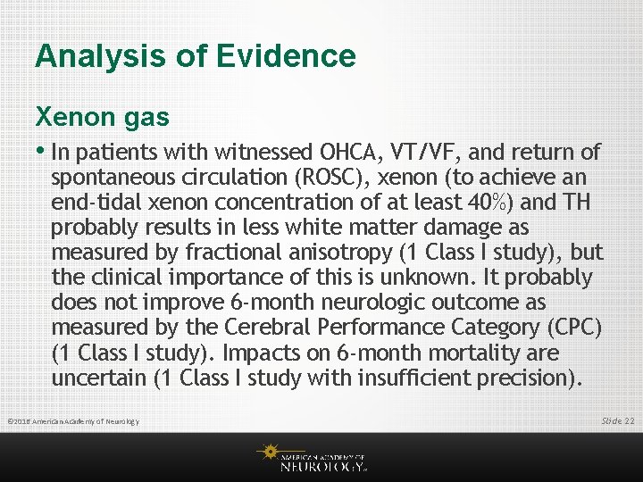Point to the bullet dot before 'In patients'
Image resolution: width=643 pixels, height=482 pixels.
41,151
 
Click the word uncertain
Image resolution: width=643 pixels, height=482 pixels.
99,378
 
